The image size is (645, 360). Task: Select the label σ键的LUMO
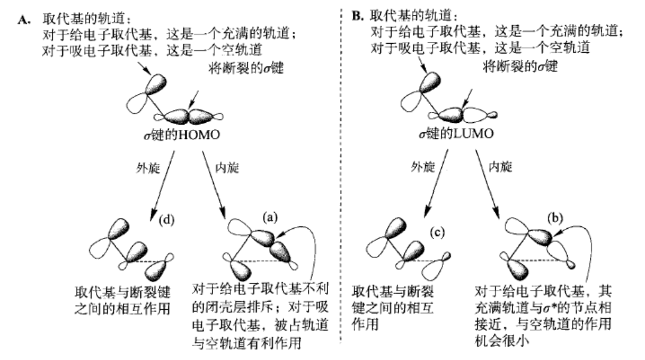(x=463, y=133)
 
